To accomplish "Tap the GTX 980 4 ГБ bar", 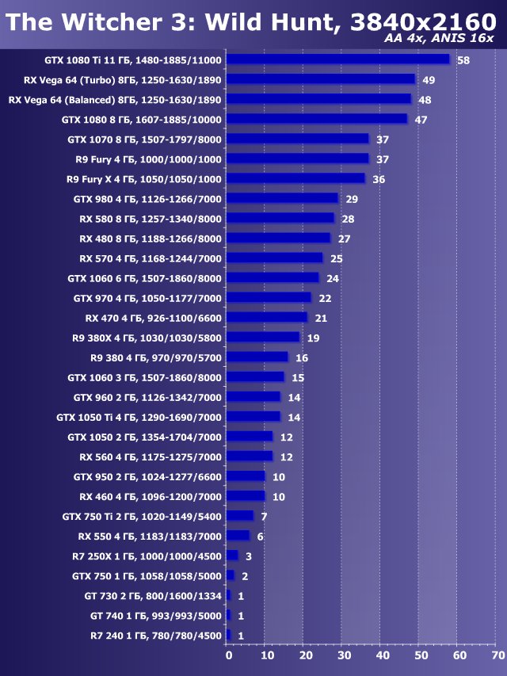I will (x=282, y=198).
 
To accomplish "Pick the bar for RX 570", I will (x=274, y=258).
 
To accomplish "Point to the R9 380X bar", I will (x=263, y=337).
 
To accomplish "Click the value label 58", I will (x=463, y=60).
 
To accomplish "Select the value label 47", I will (x=421, y=120).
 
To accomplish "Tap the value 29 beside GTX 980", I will (x=352, y=199).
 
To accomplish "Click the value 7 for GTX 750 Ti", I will (x=263, y=516).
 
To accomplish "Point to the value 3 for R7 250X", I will (x=248, y=556).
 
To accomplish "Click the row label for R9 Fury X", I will (x=144, y=179).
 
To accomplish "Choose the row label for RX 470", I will (x=153, y=318).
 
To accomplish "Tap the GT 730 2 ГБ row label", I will (x=153, y=595).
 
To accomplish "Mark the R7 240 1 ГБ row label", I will (x=156, y=635).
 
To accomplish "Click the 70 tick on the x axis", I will (x=497, y=656).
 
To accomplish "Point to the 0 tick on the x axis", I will (x=229, y=656).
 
